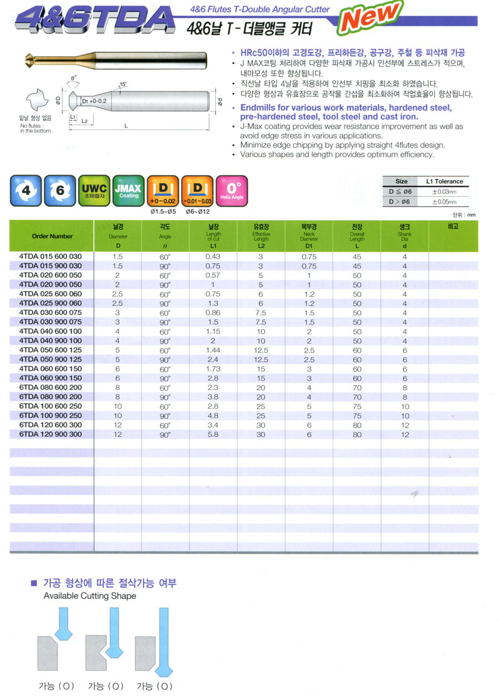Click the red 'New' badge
(369, 17)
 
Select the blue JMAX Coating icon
(129, 191)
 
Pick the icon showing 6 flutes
(59, 191)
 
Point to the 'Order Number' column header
(52, 236)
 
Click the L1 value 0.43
(213, 257)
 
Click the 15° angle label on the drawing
(124, 84)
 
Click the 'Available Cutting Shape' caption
(90, 596)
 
